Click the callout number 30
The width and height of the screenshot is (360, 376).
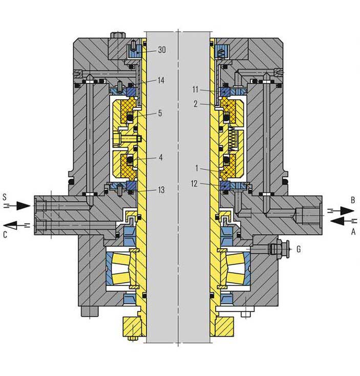[162, 50]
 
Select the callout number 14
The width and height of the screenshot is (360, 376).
[161, 80]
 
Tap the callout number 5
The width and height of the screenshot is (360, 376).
[160, 113]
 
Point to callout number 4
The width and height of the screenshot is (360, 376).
[161, 158]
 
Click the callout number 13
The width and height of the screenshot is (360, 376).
[161, 190]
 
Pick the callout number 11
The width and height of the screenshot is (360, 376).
[195, 90]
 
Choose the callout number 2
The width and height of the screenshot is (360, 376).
[196, 104]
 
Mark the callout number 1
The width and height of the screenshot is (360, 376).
[197, 168]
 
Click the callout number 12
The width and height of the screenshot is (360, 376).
[194, 184]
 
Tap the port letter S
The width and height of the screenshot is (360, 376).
[5, 197]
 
